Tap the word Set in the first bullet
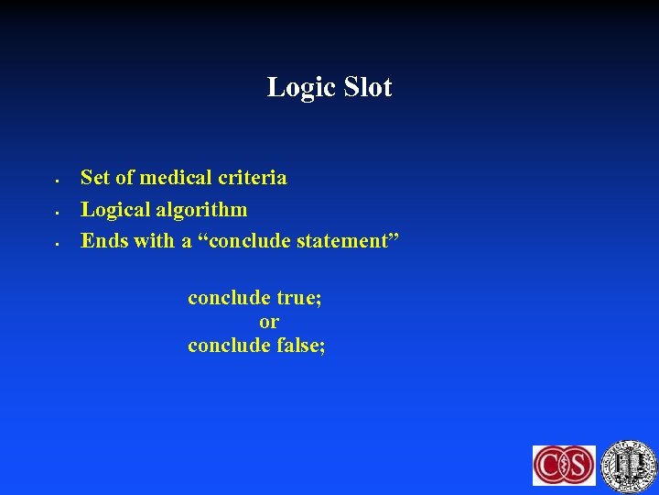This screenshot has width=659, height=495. click(x=94, y=178)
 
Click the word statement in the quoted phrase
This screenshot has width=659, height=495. click(x=347, y=241)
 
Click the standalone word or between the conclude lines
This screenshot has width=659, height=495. click(x=269, y=322)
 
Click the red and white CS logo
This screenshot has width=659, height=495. click(x=564, y=465)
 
